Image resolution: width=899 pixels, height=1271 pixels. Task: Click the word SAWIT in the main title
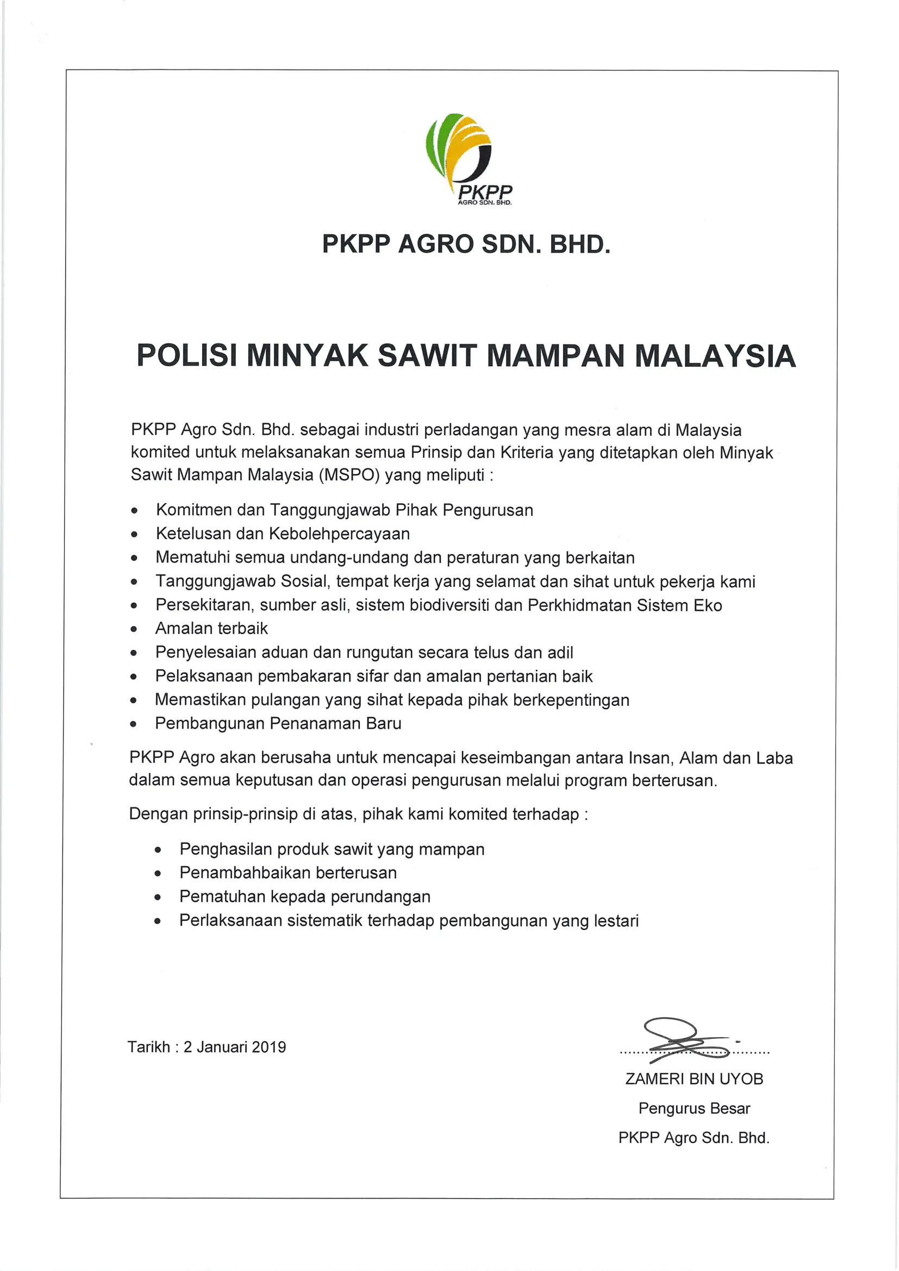(x=426, y=355)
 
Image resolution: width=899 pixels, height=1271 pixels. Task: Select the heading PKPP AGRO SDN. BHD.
(x=466, y=244)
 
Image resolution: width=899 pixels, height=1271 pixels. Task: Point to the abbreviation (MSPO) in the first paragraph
(x=349, y=475)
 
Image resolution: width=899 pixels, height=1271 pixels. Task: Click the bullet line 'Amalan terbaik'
(x=211, y=628)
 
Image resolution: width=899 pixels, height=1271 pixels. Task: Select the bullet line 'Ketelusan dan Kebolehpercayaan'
(x=283, y=534)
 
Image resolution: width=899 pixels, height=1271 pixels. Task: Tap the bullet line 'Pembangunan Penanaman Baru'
(x=278, y=723)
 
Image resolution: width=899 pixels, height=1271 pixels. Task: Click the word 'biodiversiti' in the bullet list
(x=449, y=605)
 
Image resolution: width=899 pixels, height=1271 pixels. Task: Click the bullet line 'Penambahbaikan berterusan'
(x=288, y=873)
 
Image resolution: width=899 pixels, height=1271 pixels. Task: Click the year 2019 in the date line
(x=269, y=1047)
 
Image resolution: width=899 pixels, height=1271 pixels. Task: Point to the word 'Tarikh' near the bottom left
(x=148, y=1047)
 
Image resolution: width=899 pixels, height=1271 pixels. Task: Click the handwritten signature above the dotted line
(x=684, y=1040)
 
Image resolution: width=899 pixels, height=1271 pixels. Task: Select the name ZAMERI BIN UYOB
(x=694, y=1079)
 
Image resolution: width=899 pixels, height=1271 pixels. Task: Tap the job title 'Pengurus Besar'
(x=694, y=1108)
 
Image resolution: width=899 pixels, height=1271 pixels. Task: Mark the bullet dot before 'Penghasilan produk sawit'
(x=158, y=850)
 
